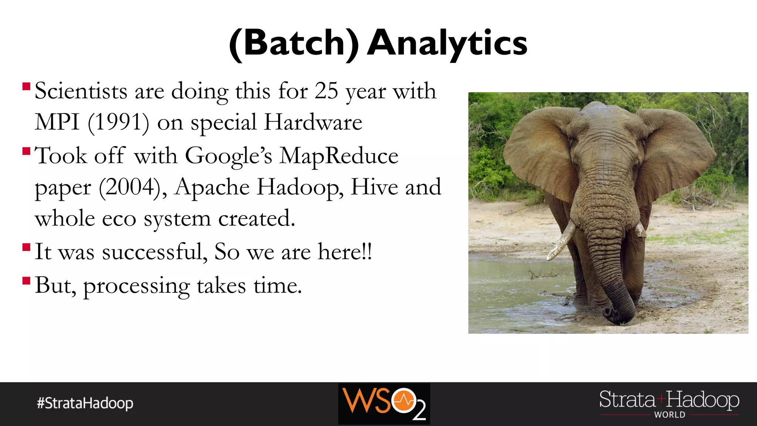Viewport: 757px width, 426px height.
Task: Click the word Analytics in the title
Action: (x=447, y=44)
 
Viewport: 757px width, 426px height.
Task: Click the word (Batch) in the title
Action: (x=294, y=44)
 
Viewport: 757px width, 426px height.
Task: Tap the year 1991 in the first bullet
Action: (x=118, y=122)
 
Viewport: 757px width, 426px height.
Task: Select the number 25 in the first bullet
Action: (x=326, y=91)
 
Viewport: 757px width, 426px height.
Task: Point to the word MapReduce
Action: (x=339, y=155)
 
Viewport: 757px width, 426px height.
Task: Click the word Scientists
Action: (x=81, y=91)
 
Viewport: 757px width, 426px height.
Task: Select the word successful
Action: (x=152, y=252)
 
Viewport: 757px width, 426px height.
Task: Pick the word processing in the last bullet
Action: (x=136, y=286)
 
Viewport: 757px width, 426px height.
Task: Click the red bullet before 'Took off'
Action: (x=26, y=151)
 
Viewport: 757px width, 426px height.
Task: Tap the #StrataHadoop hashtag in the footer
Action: (x=85, y=403)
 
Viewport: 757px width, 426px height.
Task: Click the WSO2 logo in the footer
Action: (x=384, y=404)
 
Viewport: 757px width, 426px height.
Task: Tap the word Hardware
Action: (x=313, y=122)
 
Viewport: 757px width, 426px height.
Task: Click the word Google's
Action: (x=228, y=155)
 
